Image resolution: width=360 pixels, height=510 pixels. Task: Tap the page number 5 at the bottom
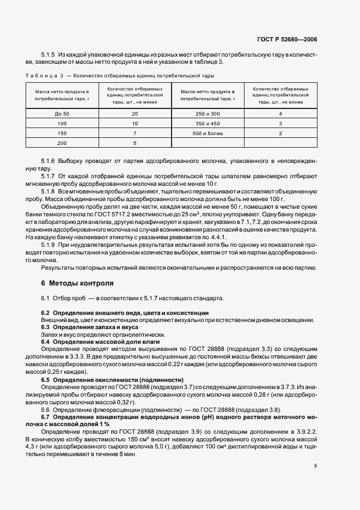click(316, 466)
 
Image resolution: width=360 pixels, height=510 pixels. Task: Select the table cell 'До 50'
click(63, 113)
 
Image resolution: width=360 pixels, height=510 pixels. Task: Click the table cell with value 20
click(135, 113)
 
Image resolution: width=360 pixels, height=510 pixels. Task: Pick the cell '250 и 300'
click(208, 113)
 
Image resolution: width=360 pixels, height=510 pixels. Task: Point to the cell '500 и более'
click(208, 133)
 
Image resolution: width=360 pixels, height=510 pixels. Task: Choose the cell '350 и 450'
click(208, 123)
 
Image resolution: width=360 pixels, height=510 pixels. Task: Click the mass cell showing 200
click(63, 143)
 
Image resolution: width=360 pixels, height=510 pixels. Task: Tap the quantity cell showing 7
click(135, 133)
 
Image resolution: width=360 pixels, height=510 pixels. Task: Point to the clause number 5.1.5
click(48, 56)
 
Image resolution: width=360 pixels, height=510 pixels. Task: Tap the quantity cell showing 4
click(280, 113)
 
